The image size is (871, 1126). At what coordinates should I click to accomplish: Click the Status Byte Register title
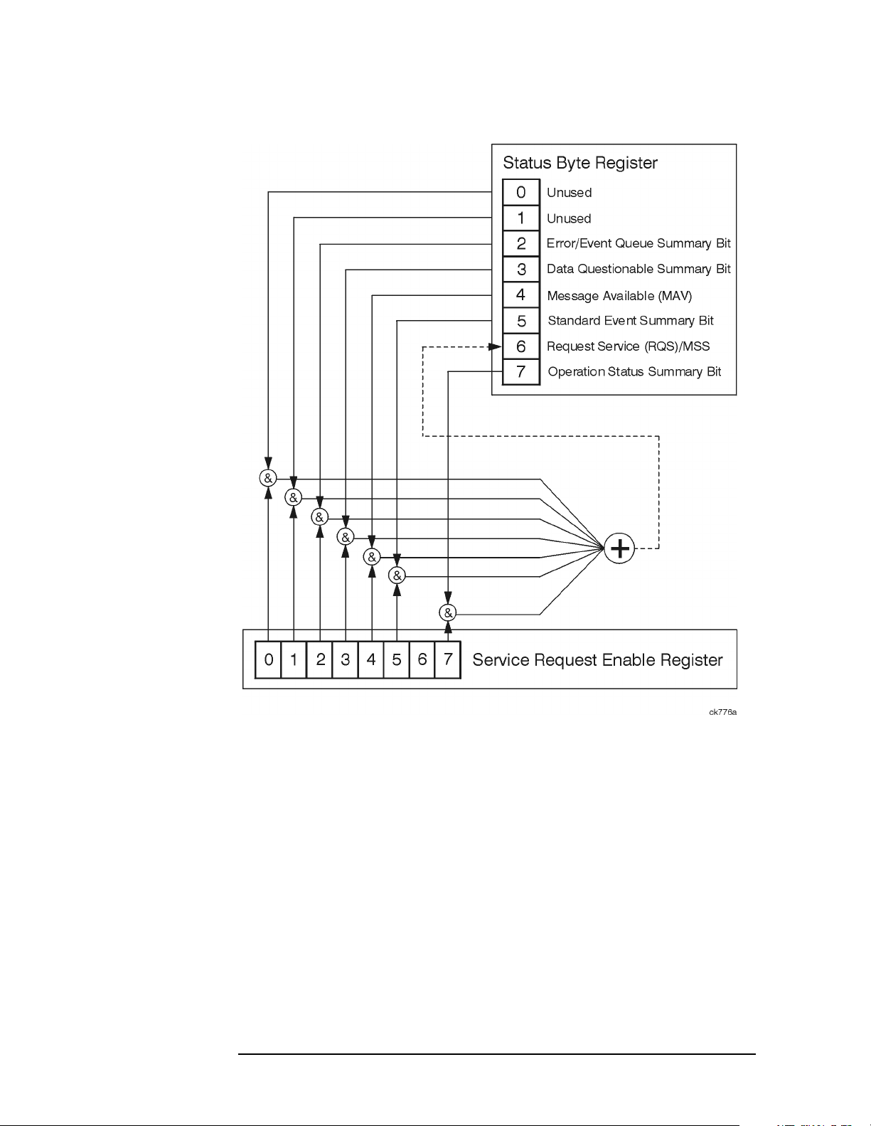(x=580, y=163)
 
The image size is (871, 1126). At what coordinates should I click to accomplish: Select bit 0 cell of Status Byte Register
(x=521, y=192)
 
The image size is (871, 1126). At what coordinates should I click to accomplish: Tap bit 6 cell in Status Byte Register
(x=521, y=346)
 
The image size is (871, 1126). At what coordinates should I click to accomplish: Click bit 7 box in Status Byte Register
(x=521, y=371)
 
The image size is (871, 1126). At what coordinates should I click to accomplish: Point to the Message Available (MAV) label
(x=619, y=296)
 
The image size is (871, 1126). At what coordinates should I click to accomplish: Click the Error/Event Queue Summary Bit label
(x=638, y=243)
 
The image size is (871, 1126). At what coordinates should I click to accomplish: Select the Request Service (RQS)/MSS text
(x=628, y=346)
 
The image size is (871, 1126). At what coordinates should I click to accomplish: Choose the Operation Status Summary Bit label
(x=634, y=371)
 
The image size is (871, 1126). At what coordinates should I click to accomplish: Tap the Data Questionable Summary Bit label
(x=638, y=269)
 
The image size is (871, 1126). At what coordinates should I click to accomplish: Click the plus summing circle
(x=619, y=548)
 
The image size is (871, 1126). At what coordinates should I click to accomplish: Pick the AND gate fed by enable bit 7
(x=448, y=613)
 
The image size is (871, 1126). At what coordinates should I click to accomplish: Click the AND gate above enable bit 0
(x=268, y=478)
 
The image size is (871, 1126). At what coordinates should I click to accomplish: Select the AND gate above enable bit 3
(x=346, y=537)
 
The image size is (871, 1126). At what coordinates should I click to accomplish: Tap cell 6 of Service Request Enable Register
(x=422, y=659)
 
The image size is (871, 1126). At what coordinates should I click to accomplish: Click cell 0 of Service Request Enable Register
(x=268, y=659)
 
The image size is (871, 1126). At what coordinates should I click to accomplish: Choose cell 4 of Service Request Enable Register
(x=370, y=659)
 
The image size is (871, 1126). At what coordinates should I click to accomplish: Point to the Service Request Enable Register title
(x=597, y=660)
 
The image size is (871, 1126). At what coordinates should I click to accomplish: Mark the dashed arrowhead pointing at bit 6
(x=495, y=346)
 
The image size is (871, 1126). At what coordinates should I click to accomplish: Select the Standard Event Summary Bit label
(x=631, y=321)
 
